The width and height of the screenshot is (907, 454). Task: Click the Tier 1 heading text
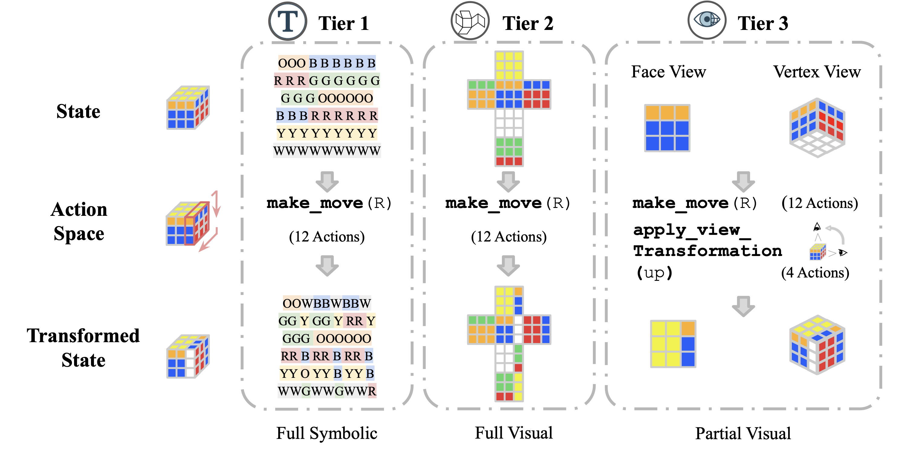click(x=344, y=24)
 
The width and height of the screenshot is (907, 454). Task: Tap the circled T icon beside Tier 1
click(x=288, y=21)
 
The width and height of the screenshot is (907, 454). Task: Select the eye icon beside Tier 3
click(x=707, y=20)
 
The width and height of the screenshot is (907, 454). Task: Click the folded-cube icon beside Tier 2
click(x=470, y=21)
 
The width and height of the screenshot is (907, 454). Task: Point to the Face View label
click(x=668, y=72)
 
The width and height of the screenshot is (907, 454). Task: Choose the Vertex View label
click(x=817, y=72)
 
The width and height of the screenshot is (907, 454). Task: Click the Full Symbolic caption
click(x=327, y=433)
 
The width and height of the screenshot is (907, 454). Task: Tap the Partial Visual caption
click(x=743, y=433)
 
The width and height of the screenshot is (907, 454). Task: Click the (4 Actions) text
click(x=815, y=273)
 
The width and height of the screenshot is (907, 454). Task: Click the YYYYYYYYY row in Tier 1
click(x=327, y=133)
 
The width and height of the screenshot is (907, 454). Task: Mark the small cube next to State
click(x=188, y=107)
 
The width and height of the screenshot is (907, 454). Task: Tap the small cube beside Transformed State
click(x=188, y=356)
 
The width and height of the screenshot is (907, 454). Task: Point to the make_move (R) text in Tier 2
click(x=507, y=203)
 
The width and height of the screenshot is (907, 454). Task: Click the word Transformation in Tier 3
click(x=707, y=251)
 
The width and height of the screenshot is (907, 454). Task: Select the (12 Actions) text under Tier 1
click(x=327, y=236)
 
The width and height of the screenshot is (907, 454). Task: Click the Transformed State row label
click(x=83, y=347)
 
